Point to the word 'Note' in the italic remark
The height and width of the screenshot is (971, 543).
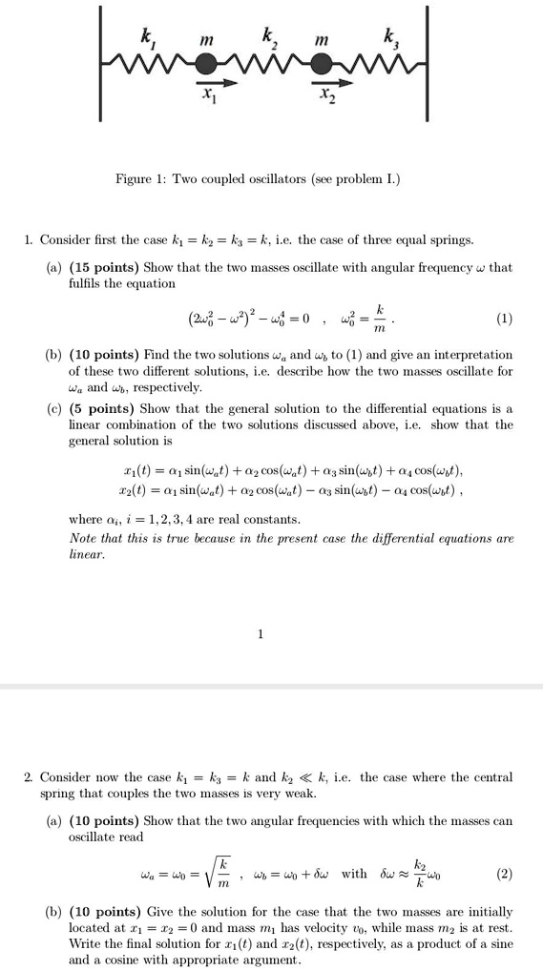85,538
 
